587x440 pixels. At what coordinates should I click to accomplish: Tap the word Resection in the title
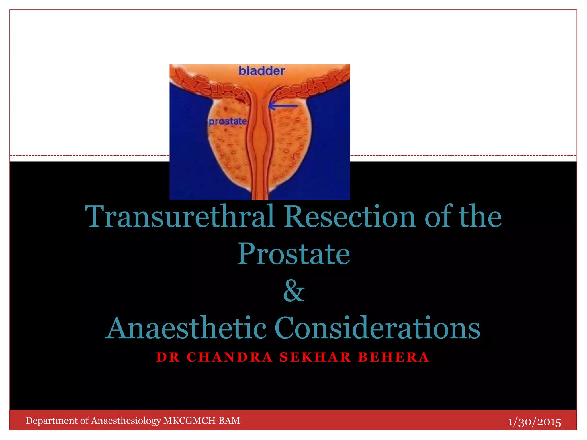[x=350, y=217]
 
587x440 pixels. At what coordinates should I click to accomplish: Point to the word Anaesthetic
[x=186, y=328]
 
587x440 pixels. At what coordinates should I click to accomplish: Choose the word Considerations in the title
[x=377, y=328]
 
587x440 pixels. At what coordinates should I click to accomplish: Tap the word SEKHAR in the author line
[x=315, y=357]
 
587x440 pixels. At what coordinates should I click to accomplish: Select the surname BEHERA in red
[x=394, y=357]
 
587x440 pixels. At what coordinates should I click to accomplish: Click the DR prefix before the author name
[x=168, y=357]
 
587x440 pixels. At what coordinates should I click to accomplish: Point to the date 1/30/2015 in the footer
[x=535, y=422]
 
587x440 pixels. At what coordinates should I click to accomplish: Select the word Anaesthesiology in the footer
[x=126, y=421]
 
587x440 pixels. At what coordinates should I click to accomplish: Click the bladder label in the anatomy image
[x=262, y=71]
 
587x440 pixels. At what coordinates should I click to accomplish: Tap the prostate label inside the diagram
[x=228, y=121]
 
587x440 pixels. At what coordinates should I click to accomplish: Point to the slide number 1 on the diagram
[x=293, y=157]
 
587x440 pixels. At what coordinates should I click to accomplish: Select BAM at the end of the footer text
[x=229, y=421]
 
